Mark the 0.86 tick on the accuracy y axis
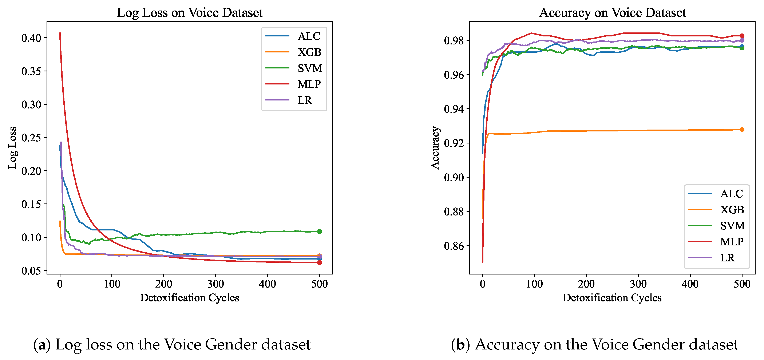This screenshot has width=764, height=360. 454,246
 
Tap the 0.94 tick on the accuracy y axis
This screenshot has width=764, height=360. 454,109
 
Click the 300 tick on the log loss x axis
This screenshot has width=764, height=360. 216,284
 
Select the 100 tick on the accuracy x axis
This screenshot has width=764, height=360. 534,284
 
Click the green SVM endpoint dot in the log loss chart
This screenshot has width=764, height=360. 319,232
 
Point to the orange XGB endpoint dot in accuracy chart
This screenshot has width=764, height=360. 742,130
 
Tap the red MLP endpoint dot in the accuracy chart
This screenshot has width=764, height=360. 742,36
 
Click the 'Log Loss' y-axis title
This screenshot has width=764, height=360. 12,148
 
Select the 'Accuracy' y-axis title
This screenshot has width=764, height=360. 435,148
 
